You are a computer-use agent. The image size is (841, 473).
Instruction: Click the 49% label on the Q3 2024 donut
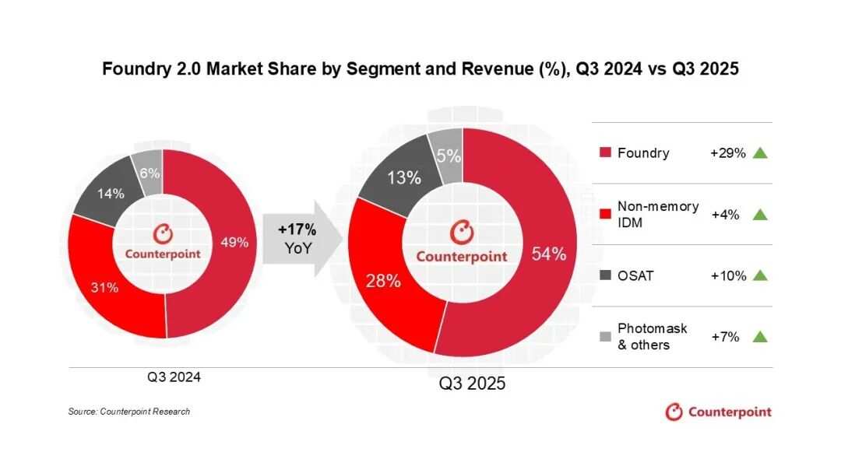coord(235,242)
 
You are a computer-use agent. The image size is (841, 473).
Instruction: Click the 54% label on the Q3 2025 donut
coord(548,254)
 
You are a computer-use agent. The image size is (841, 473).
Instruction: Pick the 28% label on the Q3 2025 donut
coord(383,281)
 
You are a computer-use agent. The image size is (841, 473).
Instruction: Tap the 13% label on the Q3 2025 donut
coord(404,177)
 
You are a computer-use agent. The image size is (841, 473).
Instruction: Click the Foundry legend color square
coord(605,153)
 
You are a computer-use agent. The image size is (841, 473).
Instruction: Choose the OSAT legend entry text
coord(635,275)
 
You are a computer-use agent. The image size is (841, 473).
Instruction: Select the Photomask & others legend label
coord(652,337)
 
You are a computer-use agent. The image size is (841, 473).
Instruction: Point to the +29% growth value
coord(727,153)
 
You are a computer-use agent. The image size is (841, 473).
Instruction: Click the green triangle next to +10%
coord(761,275)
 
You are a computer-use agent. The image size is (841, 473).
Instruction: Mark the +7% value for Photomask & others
coord(725,337)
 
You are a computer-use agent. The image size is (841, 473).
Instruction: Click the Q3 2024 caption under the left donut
coord(174,377)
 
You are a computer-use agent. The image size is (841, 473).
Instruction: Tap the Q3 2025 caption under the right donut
coord(472,384)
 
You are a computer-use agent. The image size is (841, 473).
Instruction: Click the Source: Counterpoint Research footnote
coord(129,412)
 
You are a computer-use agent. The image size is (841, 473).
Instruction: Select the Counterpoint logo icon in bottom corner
coord(674,412)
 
